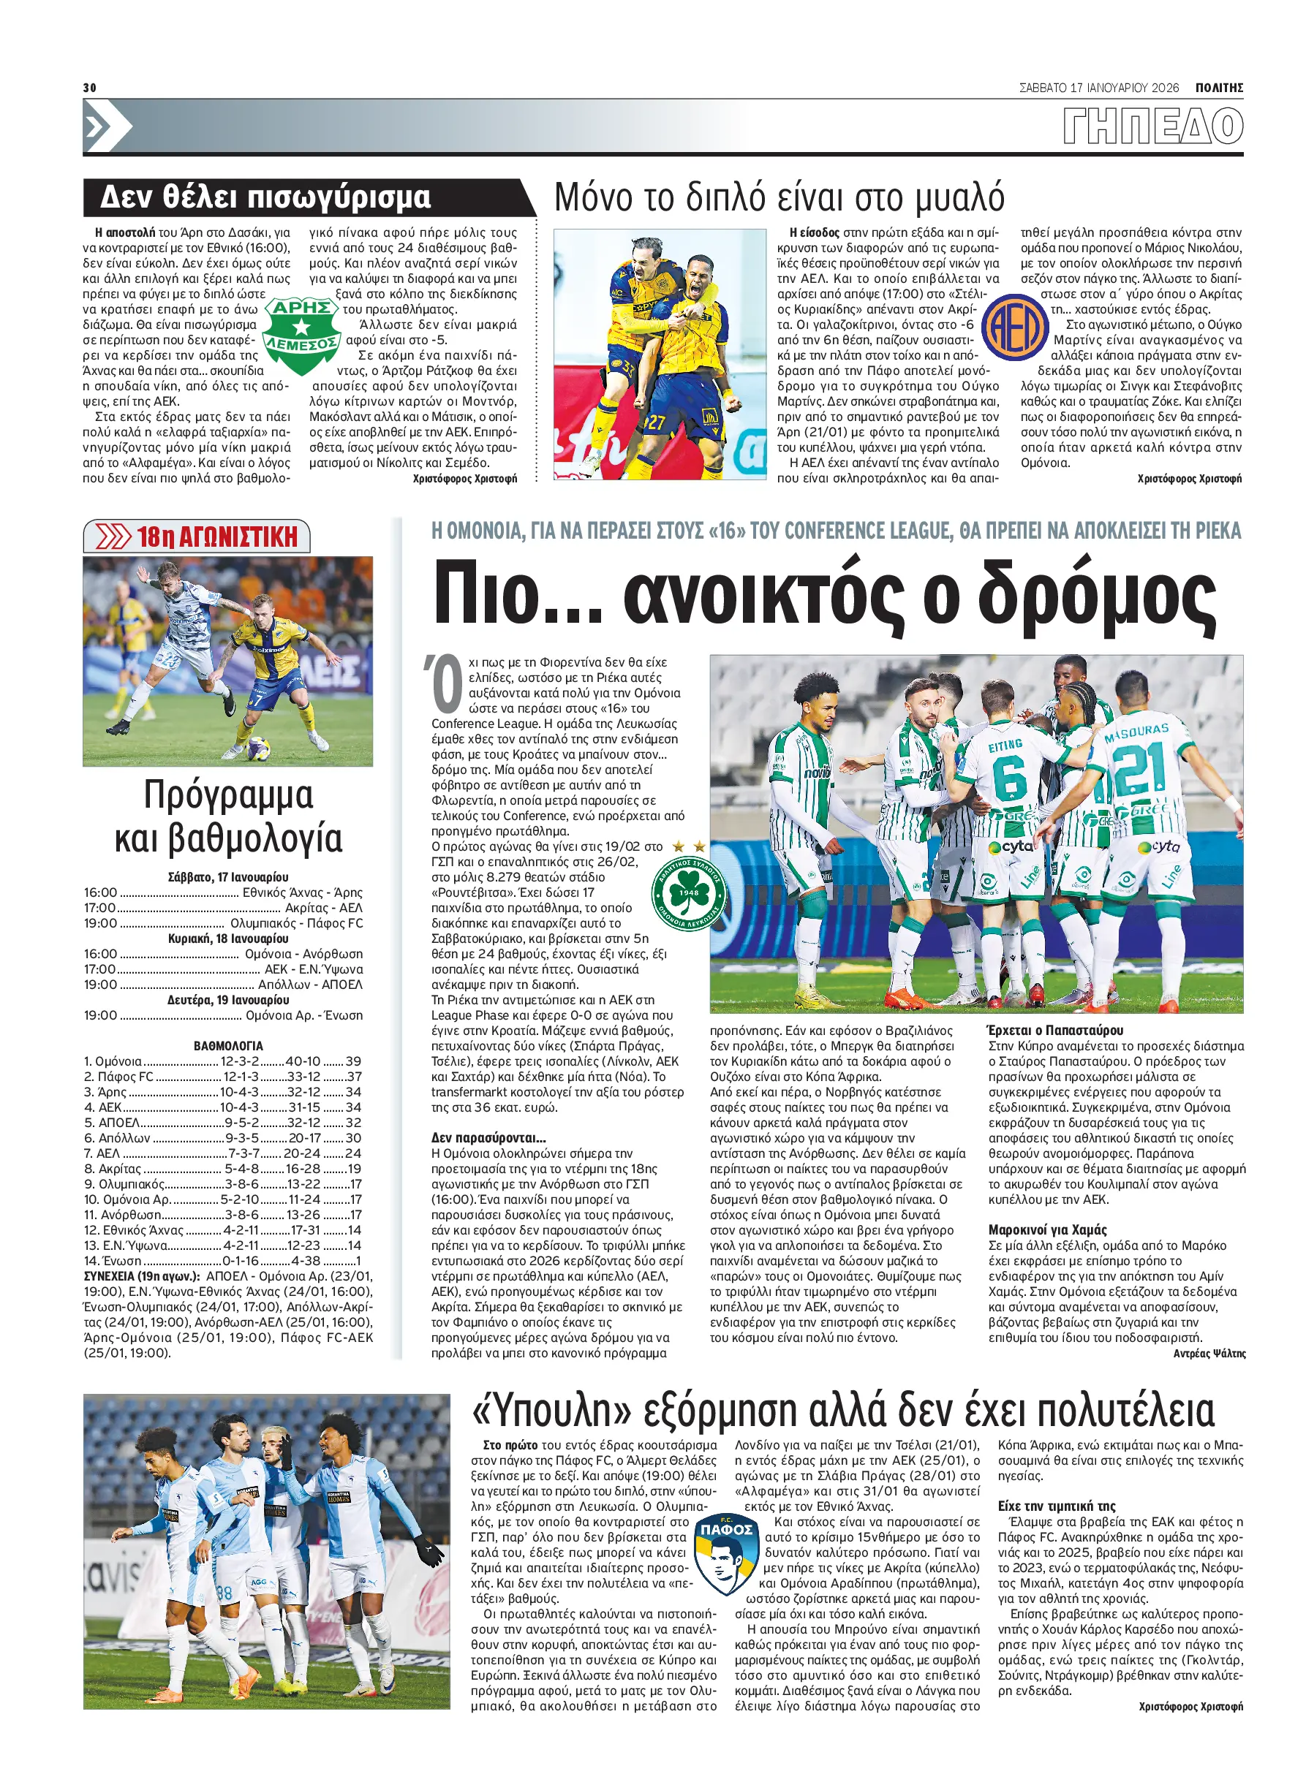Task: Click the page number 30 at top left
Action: [x=89, y=87]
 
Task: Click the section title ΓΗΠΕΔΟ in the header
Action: [x=1152, y=126]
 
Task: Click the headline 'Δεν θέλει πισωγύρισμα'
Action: [x=265, y=197]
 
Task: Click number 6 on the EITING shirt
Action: [x=1010, y=777]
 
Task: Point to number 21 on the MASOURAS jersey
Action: [x=1139, y=767]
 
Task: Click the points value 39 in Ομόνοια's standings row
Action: [x=353, y=1061]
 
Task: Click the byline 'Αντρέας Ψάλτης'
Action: [x=1209, y=1354]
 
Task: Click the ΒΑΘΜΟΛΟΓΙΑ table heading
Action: [x=227, y=1045]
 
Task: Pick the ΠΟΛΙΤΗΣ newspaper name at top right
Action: [x=1218, y=88]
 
